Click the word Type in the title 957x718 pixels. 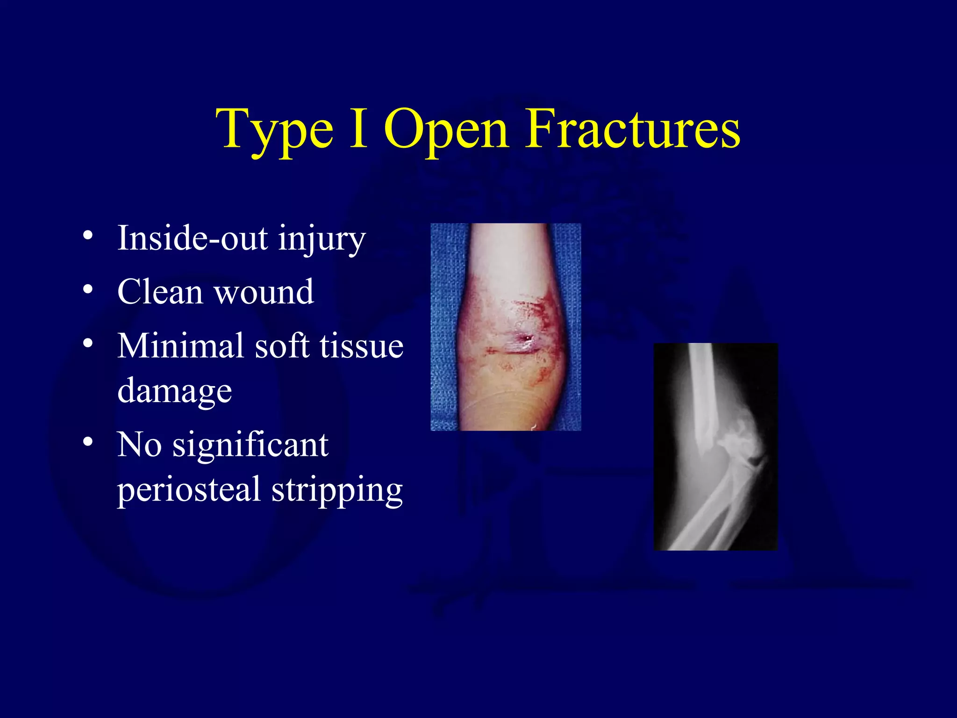[x=274, y=131]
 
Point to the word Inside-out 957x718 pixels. [x=193, y=238]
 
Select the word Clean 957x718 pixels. [x=160, y=292]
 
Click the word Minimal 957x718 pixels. [x=180, y=346]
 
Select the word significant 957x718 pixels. [x=250, y=445]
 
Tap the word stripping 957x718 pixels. [x=337, y=491]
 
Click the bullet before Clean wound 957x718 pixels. [x=88, y=290]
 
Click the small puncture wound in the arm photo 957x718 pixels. [x=528, y=337]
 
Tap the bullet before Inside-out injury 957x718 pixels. [x=88, y=236]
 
